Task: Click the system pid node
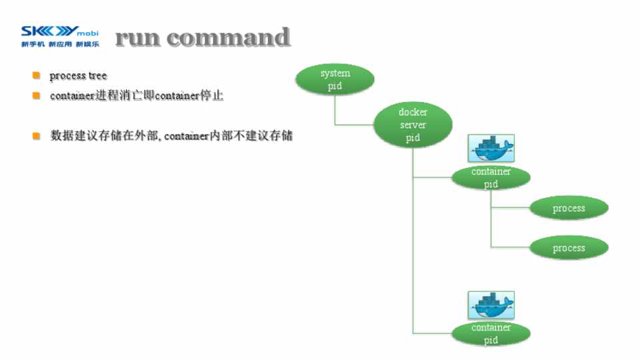pos(335,79)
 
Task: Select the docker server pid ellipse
pos(413,125)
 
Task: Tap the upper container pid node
pos(491,177)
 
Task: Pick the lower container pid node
pos(491,333)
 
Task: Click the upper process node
pos(569,209)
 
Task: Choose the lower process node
pos(569,248)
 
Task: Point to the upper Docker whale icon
pos(491,149)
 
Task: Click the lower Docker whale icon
pos(491,305)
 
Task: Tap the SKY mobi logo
pos(60,31)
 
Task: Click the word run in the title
pos(137,37)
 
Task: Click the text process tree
pos(78,76)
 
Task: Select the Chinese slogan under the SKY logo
pos(60,45)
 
